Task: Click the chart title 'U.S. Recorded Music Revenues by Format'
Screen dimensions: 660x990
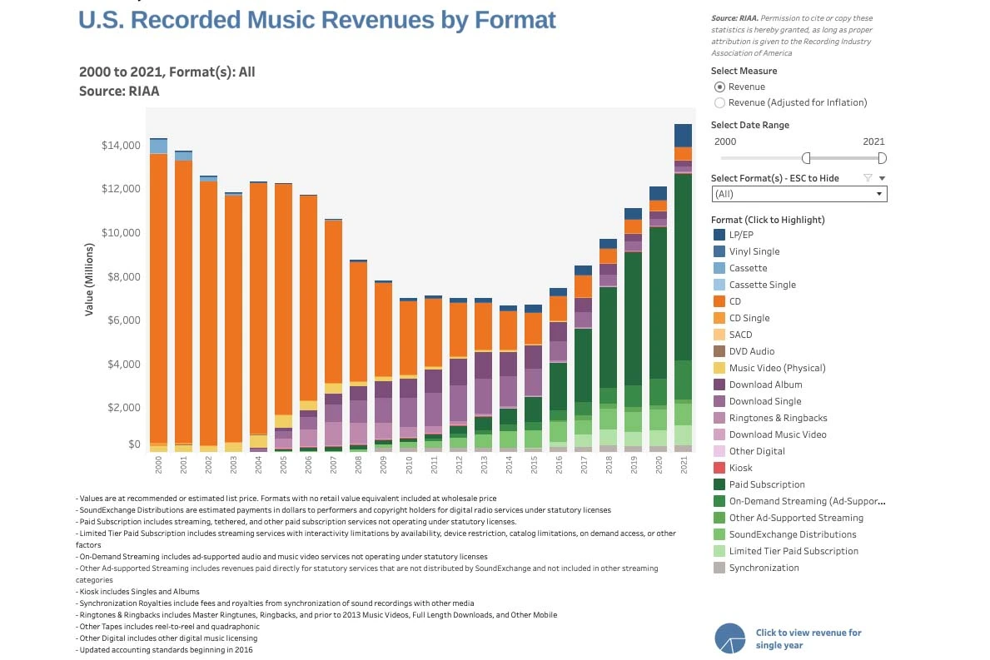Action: pos(316,20)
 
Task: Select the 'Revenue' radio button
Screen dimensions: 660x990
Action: pos(720,87)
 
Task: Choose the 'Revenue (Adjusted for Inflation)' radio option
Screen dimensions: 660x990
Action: pos(720,102)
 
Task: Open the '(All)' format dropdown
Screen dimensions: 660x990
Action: pos(799,194)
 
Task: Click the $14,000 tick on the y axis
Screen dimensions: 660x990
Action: pos(121,146)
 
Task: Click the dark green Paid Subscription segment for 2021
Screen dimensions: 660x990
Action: pos(684,266)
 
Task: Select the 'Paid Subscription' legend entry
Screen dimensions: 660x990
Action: pos(766,484)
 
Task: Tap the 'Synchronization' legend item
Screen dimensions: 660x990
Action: pos(764,568)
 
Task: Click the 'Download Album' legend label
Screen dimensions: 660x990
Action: pos(765,385)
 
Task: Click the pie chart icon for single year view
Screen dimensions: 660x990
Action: pos(729,638)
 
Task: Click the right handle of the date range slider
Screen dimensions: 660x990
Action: pos(882,158)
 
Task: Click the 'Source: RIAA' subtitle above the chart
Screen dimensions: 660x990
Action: pos(119,92)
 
